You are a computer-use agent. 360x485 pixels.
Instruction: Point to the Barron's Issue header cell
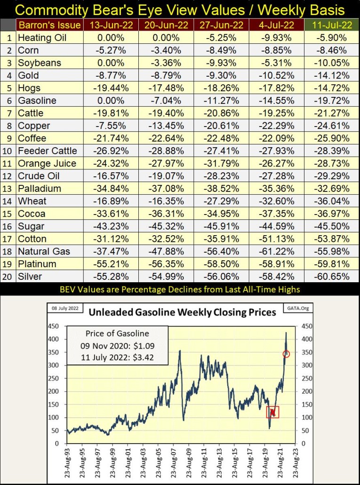(x=48, y=25)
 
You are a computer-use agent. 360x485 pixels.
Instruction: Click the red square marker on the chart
(x=272, y=412)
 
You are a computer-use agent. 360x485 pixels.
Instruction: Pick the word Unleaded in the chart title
(x=111, y=312)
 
